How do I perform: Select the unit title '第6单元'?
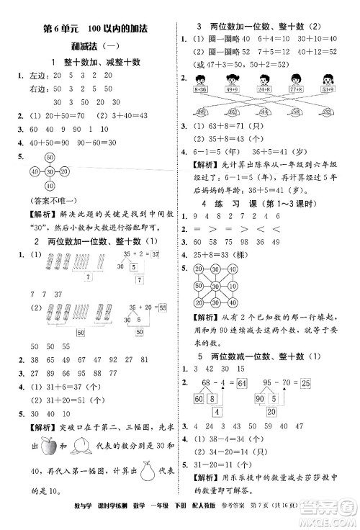coord(59,29)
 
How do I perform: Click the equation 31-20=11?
coord(221,482)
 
